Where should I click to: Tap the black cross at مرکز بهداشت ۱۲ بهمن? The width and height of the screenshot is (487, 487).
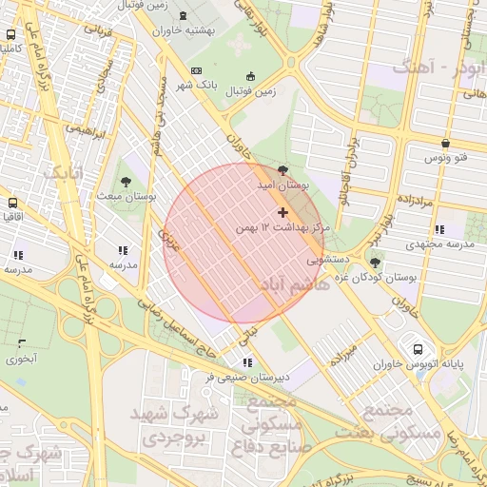(x=282, y=211)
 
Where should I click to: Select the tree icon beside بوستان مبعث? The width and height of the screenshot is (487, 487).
(x=127, y=181)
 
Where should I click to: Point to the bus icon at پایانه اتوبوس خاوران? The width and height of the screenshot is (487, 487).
(x=419, y=348)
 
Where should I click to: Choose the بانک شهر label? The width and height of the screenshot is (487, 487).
(x=220, y=85)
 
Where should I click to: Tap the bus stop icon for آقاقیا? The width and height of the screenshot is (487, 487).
(x=13, y=204)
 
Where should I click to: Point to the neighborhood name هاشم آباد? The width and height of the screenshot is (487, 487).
(x=285, y=284)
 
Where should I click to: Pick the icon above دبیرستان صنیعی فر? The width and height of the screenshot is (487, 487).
(x=247, y=362)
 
